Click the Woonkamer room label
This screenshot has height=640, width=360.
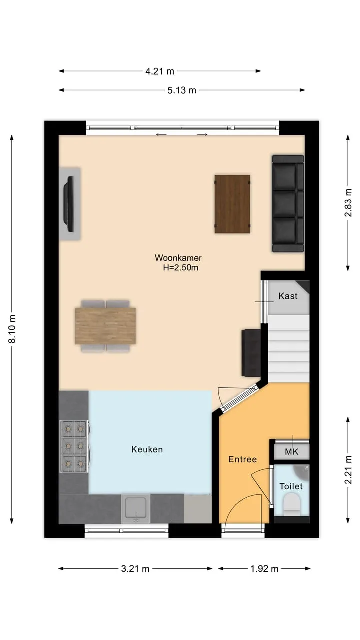point(178,258)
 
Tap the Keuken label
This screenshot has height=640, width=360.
point(147,449)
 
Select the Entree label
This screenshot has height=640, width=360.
point(243,459)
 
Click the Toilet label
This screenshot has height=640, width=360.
point(291,486)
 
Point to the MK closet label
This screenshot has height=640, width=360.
point(291,452)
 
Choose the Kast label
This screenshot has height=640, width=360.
point(288,296)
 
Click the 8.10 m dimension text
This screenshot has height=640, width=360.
point(12,329)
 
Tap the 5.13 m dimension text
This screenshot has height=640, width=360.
point(182,90)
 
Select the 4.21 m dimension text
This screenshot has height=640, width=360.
point(160,71)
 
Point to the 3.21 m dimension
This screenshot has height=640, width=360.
point(135,569)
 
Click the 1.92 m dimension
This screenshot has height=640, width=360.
point(264,569)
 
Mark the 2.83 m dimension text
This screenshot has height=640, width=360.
point(348,203)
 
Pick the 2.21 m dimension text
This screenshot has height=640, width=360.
point(348,470)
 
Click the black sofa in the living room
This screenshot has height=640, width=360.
point(288,203)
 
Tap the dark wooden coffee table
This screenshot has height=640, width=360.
point(232,204)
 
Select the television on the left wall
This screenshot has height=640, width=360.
point(69,204)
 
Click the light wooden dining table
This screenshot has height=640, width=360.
point(105,326)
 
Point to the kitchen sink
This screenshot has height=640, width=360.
point(136,509)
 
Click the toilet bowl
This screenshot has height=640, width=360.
point(292,505)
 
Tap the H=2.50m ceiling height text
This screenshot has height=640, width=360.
point(181,268)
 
